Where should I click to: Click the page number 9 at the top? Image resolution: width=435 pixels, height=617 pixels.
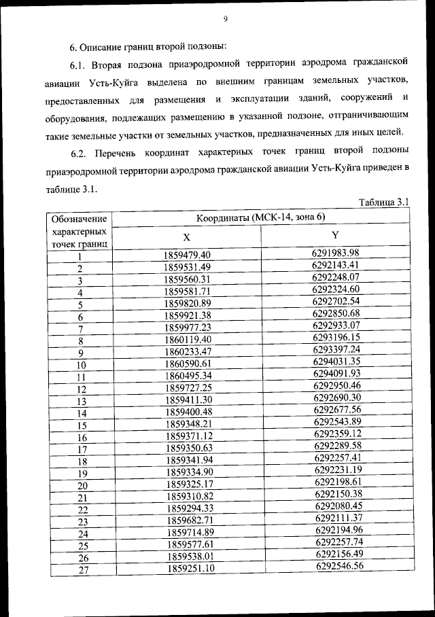point(224,18)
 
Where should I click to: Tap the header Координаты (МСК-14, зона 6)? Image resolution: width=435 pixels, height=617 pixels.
point(261,217)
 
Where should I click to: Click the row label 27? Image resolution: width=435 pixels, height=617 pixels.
point(84,571)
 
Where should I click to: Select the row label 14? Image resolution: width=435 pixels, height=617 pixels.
point(82,413)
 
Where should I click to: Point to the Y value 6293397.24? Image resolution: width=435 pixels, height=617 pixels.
point(336,349)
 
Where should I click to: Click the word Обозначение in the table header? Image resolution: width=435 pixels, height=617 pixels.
point(79,219)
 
